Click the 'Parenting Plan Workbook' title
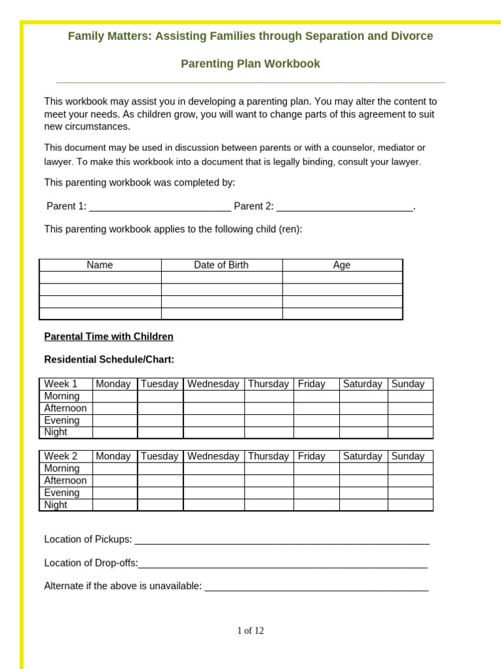(250, 63)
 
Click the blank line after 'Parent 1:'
(160, 206)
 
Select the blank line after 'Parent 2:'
(344, 206)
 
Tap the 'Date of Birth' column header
(221, 265)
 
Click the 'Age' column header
(342, 265)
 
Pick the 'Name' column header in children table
(100, 265)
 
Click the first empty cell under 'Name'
(100, 277)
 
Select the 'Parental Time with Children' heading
(108, 336)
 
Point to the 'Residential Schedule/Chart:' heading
(109, 359)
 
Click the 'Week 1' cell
(61, 384)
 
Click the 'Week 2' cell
(61, 456)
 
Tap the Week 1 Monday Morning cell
(115, 396)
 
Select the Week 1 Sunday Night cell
(410, 432)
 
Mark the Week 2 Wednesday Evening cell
(213, 493)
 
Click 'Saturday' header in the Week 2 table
(363, 456)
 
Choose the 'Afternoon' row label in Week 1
(65, 408)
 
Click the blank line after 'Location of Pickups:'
(282, 540)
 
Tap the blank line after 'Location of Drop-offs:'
(282, 563)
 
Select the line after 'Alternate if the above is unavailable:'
(316, 587)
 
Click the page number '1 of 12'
(250, 630)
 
